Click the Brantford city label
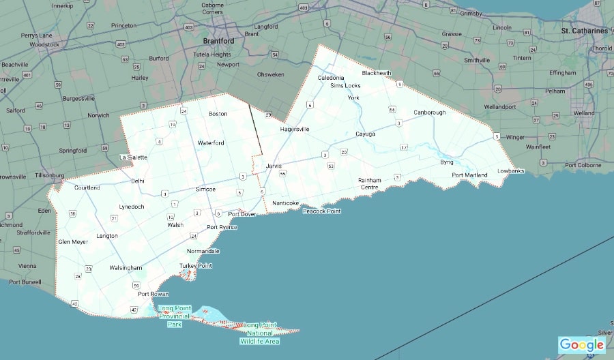click(x=218, y=41)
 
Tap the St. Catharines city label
click(x=584, y=31)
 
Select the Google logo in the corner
click(x=581, y=345)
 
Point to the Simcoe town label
click(x=205, y=188)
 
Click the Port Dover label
click(x=242, y=214)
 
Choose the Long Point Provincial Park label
click(x=175, y=316)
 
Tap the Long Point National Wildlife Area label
click(x=260, y=333)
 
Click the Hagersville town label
click(x=295, y=129)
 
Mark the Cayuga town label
click(x=365, y=134)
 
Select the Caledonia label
click(x=332, y=78)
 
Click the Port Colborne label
click(x=579, y=165)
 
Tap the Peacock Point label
click(x=322, y=211)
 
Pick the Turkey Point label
click(x=196, y=265)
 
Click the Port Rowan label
click(x=153, y=294)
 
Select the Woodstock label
click(x=45, y=45)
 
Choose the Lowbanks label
click(x=510, y=170)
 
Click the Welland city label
click(x=584, y=113)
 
